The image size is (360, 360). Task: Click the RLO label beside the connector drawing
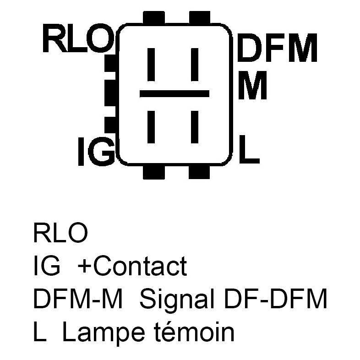tap(77, 38)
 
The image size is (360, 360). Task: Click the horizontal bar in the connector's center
tap(174, 94)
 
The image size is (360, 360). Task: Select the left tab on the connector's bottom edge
tap(153, 171)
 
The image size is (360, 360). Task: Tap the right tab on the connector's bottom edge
tap(199, 171)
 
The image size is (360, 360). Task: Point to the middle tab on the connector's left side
tap(110, 93)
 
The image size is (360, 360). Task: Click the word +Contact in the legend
tap(132, 266)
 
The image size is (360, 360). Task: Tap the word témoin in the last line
tap(192, 333)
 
